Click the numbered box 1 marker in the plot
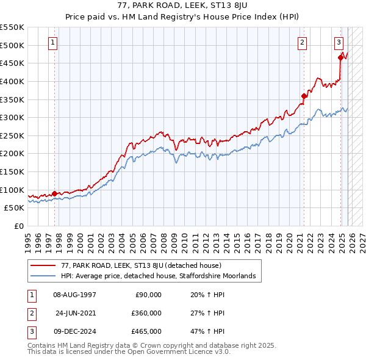[x=54, y=43]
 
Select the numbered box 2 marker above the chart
[x=303, y=43]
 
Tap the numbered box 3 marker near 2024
[x=339, y=43]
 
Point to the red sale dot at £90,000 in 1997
[x=54, y=193]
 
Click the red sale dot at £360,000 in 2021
[x=303, y=96]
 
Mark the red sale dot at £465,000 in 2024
[x=340, y=58]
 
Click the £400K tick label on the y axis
[x=13, y=81]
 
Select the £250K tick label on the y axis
[x=13, y=135]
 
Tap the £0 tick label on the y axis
[x=18, y=226]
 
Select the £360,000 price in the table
[x=146, y=313]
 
